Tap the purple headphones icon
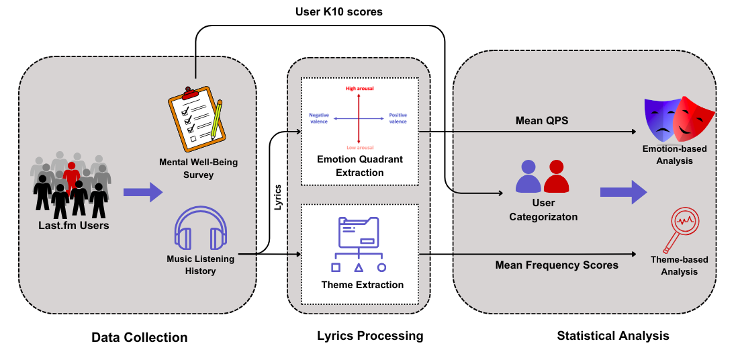point(200,229)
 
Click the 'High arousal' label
point(360,88)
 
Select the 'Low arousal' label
point(360,146)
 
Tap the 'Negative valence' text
point(319,118)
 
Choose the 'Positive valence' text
point(398,118)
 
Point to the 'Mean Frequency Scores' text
point(557,265)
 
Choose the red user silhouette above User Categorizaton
point(557,177)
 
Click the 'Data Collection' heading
point(140,337)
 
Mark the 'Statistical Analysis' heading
point(613,335)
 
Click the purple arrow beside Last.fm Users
point(142,192)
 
